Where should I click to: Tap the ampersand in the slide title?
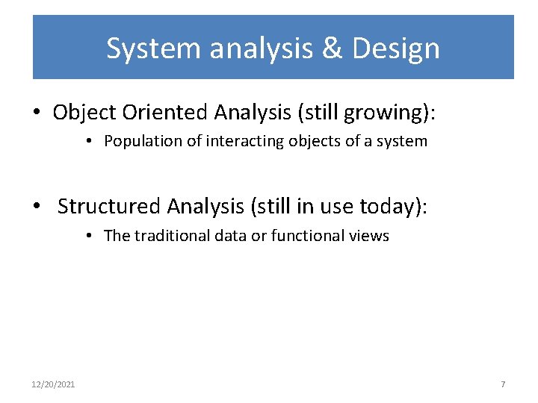coord(333,49)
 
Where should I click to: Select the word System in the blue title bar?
coord(154,49)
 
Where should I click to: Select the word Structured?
coord(109,206)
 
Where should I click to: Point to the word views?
coord(368,236)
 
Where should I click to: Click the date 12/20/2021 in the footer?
coord(53,384)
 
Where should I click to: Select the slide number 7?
coord(503,384)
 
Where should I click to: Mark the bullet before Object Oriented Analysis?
coord(37,113)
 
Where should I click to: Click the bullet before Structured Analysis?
coord(37,207)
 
